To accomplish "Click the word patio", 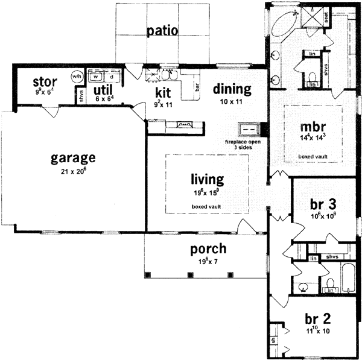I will point(162,31).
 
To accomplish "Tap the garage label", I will point(73,159).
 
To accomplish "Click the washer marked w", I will point(95,77).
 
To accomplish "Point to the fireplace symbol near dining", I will point(248,129).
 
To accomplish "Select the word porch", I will point(192,248).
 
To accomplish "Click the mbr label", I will point(313,128).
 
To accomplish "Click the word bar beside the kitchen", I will point(197,86).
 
